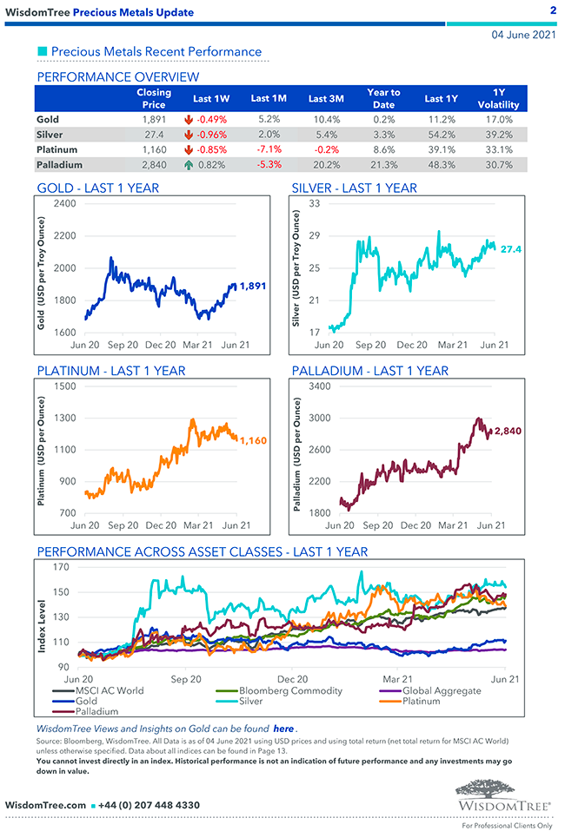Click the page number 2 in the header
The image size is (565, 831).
pyautogui.click(x=553, y=10)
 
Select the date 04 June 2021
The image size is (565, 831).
pyautogui.click(x=523, y=36)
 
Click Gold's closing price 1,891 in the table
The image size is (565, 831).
pyautogui.click(x=153, y=119)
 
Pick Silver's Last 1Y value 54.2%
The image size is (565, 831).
pyautogui.click(x=440, y=135)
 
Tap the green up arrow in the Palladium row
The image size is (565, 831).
pyautogui.click(x=188, y=165)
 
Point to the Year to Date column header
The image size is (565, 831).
pyautogui.click(x=383, y=98)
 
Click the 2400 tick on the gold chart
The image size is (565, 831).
pyautogui.click(x=63, y=203)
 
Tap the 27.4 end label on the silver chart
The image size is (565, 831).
pyautogui.click(x=510, y=249)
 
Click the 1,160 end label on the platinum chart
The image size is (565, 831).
pyautogui.click(x=252, y=440)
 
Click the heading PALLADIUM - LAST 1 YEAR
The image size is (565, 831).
pyautogui.click(x=369, y=371)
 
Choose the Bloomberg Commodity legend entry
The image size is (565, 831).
pyautogui.click(x=290, y=691)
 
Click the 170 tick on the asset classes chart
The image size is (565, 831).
pyautogui.click(x=60, y=568)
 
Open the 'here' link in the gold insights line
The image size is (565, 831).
pyautogui.click(x=283, y=729)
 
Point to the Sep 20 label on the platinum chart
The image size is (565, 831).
pyautogui.click(x=123, y=525)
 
